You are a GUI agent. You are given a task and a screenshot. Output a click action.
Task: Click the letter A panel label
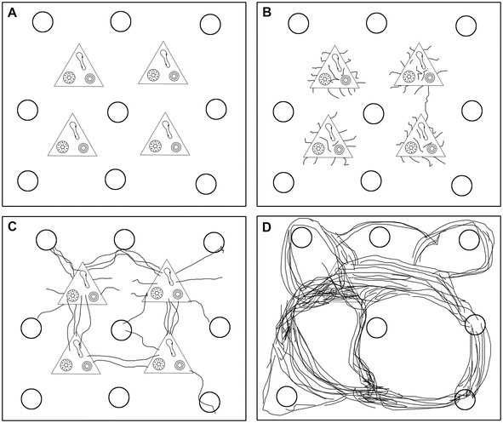[x=12, y=13]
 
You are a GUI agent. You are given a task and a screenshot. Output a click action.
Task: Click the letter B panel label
[x=267, y=13]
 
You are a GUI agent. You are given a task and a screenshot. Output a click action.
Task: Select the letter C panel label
[x=12, y=226]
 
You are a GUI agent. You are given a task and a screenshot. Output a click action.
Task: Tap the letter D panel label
[x=267, y=226]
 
